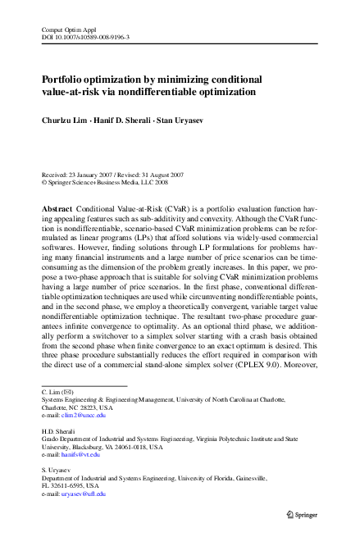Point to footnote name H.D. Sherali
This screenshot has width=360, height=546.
pyautogui.click(x=59, y=430)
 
